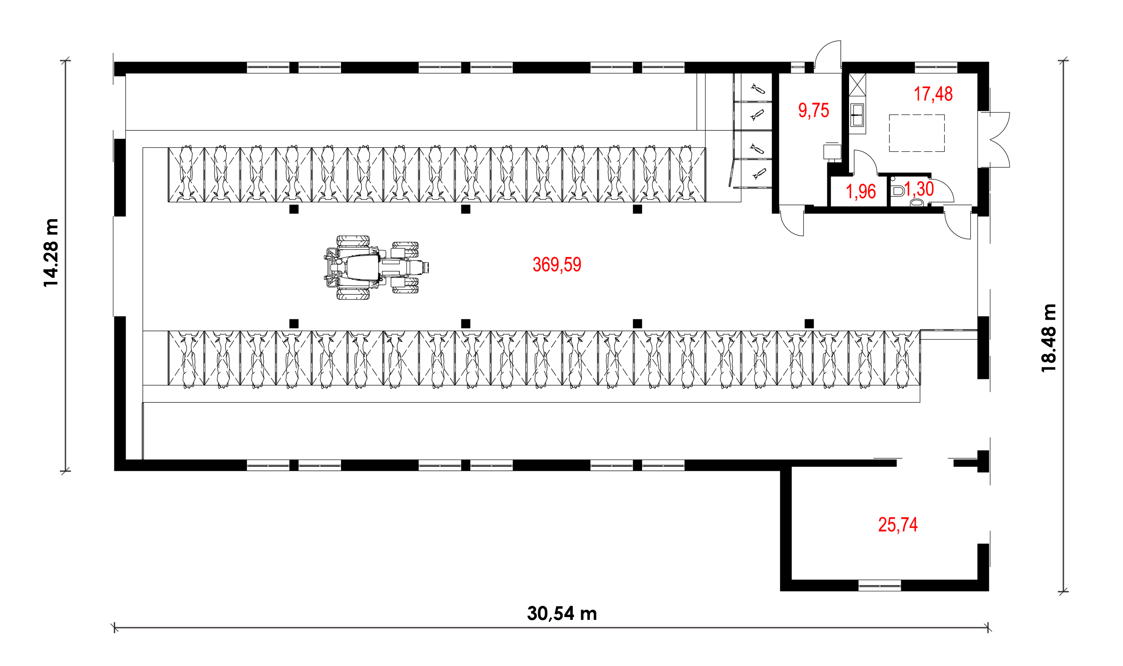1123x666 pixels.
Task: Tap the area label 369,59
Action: pyautogui.click(x=557, y=265)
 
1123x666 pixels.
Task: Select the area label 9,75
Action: pyautogui.click(x=813, y=110)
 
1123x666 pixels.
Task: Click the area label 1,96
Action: pyautogui.click(x=861, y=191)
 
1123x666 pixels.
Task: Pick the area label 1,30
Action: pyautogui.click(x=919, y=189)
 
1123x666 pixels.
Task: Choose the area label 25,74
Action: pyautogui.click(x=898, y=524)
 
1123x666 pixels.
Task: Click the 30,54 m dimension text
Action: pyautogui.click(x=562, y=614)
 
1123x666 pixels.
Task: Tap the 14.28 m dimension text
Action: pyautogui.click(x=51, y=253)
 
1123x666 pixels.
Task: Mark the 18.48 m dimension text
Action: pyautogui.click(x=1049, y=338)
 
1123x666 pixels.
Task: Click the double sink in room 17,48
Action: pyautogui.click(x=857, y=115)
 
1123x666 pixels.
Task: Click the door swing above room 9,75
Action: pyautogui.click(x=828, y=57)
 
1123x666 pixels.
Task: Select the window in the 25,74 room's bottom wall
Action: pyautogui.click(x=879, y=586)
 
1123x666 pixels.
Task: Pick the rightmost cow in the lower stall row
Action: pyautogui.click(x=902, y=360)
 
